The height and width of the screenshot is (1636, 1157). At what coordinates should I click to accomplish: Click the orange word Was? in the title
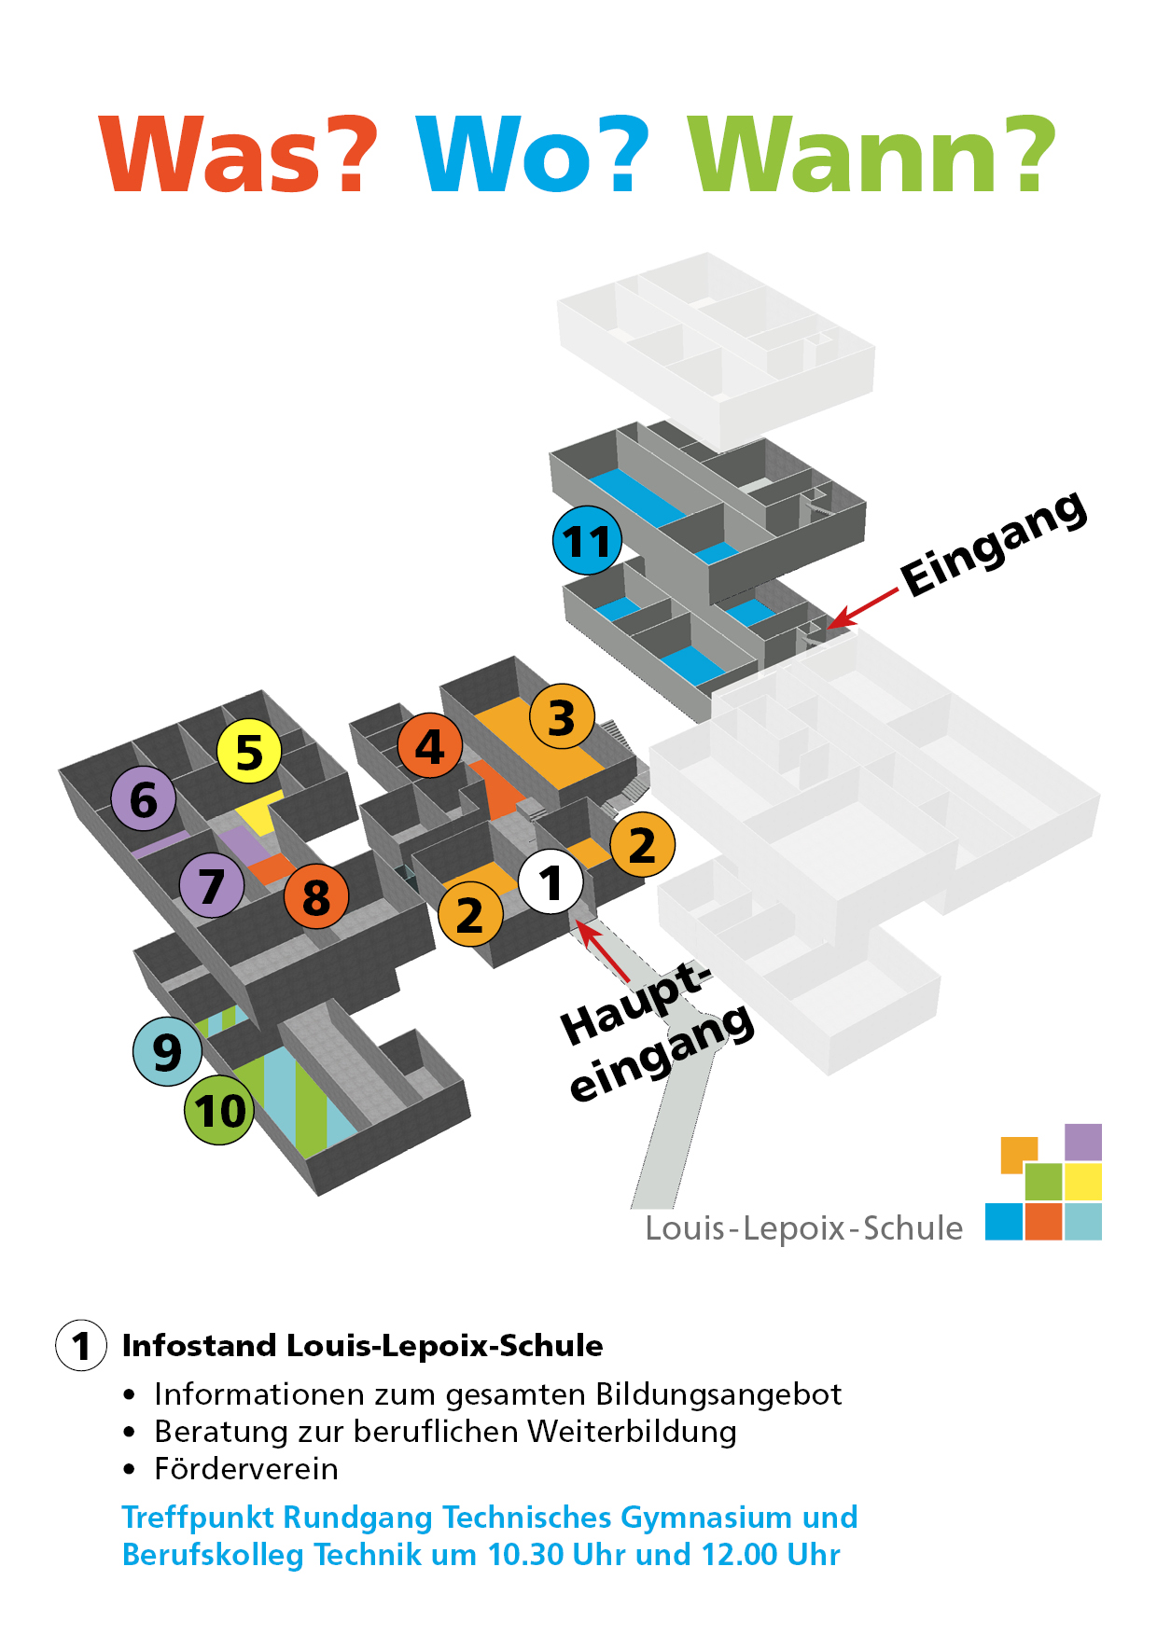(x=239, y=155)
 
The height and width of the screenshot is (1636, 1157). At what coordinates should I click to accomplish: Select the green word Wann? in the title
(x=871, y=155)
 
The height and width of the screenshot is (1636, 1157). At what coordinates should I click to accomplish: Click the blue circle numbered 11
(x=587, y=541)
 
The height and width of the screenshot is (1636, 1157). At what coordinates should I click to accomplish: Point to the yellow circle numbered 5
(x=249, y=752)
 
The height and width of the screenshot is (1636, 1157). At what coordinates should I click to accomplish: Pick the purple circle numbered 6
(x=144, y=799)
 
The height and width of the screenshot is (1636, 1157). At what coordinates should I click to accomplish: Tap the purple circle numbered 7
(x=212, y=885)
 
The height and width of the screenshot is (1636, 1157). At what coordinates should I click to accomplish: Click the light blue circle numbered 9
(x=167, y=1051)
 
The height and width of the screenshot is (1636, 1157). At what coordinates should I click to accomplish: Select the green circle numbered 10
(x=220, y=1110)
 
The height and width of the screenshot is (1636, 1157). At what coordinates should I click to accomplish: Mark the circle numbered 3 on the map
(x=562, y=717)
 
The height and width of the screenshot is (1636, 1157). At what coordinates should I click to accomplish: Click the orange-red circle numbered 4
(x=429, y=746)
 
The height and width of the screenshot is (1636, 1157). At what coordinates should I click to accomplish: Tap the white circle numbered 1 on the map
(x=551, y=882)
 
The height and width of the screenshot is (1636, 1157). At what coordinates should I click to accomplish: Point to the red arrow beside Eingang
(x=863, y=608)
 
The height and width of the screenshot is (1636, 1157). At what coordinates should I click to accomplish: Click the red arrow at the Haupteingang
(x=602, y=948)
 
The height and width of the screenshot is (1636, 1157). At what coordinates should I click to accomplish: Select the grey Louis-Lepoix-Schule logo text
(x=803, y=1228)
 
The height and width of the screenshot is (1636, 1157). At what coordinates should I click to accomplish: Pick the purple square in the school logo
(x=1082, y=1142)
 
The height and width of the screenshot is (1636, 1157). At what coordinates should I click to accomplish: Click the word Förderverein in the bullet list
(x=246, y=1469)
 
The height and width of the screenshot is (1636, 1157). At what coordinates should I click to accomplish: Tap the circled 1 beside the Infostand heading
(x=81, y=1345)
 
